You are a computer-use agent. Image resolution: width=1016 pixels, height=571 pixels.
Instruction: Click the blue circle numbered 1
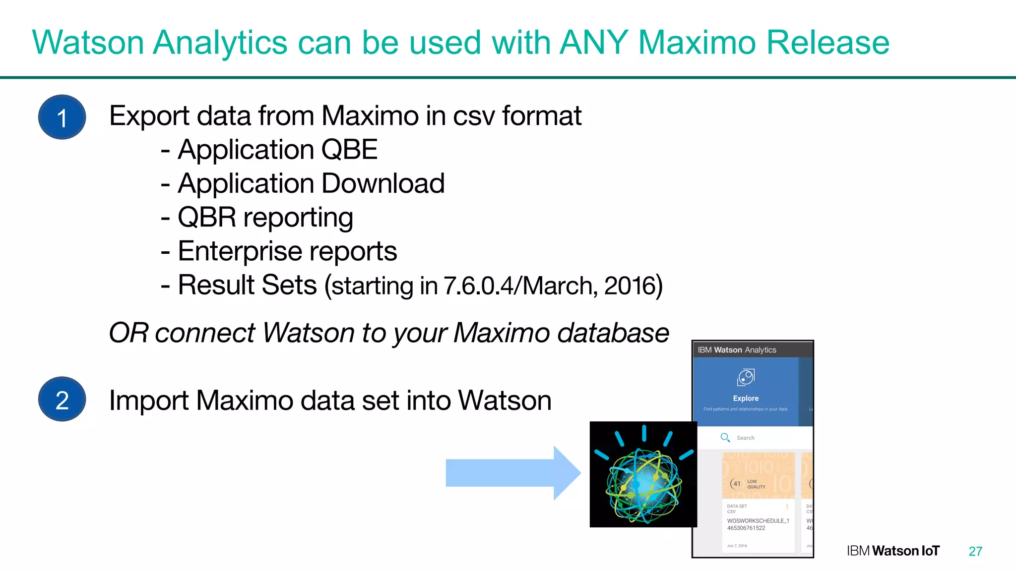(x=62, y=117)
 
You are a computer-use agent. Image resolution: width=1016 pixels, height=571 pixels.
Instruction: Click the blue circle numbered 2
(x=62, y=400)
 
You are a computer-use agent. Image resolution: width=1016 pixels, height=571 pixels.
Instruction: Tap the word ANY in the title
(x=593, y=43)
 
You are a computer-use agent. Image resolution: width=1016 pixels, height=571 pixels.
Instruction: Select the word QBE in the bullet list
(x=349, y=150)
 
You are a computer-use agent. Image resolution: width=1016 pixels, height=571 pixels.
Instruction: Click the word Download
(x=385, y=184)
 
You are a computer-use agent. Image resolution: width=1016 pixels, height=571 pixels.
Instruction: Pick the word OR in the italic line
(x=128, y=333)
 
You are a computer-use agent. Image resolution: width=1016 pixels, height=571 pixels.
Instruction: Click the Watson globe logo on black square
(x=643, y=474)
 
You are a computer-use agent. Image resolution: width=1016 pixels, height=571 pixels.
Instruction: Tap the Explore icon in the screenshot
(x=746, y=378)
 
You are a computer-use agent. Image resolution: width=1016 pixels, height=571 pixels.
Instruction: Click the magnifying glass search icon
(x=725, y=438)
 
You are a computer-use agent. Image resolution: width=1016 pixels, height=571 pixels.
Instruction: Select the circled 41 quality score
(x=737, y=484)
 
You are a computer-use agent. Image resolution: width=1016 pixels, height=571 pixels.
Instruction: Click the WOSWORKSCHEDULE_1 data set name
(x=758, y=521)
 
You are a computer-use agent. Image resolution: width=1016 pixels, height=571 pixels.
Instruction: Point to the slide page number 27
(x=975, y=551)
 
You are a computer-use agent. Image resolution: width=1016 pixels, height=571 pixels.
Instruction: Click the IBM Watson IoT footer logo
(x=893, y=551)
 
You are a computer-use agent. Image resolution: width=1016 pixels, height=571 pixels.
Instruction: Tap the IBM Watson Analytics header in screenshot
(x=737, y=350)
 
